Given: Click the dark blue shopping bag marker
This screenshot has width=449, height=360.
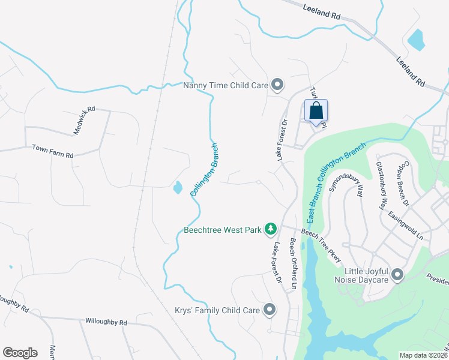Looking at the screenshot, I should pos(316,112).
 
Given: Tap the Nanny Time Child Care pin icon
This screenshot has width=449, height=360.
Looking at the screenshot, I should pos(277,85).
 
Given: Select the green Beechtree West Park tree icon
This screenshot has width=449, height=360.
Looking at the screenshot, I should pos(271,229).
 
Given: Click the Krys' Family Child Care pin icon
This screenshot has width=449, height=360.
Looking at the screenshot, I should pos(270,310).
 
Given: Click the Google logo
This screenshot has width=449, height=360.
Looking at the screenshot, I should pos(20,352).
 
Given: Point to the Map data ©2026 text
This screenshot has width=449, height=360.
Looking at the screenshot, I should pos(423,355).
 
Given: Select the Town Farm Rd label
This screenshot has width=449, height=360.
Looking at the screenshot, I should pos(53,151).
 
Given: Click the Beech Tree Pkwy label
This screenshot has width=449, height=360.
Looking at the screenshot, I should pos(322,244).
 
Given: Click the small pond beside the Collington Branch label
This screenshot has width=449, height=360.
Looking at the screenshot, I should pos(178,188).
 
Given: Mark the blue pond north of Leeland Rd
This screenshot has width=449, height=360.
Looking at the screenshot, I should pos(415,39).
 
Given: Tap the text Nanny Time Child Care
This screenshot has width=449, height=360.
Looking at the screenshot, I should pos(225,85).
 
